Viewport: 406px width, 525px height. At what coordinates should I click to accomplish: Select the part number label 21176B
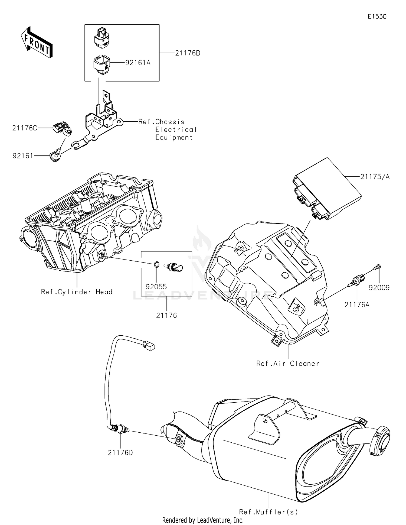coord(187,53)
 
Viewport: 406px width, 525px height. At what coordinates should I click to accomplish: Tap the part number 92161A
coord(138,63)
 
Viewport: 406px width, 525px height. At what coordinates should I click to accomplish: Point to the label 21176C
coord(25,128)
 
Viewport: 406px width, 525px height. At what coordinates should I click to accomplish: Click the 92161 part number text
coord(23,156)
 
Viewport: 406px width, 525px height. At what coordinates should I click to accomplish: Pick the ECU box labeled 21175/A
coord(328,189)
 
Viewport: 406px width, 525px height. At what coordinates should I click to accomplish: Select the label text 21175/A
coord(375,177)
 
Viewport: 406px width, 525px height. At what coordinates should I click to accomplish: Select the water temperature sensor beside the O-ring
coord(174,268)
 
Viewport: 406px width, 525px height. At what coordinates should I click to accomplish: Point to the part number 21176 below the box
coord(166,315)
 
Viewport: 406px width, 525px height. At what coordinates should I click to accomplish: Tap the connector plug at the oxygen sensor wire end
coord(149,346)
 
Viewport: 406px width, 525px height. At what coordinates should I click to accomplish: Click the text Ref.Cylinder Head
coord(77,292)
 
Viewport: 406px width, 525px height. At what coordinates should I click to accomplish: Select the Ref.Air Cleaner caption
coord(288,364)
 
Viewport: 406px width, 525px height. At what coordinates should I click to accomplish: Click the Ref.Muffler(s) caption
coord(268,512)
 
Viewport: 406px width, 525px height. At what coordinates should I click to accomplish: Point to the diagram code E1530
coord(377,17)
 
